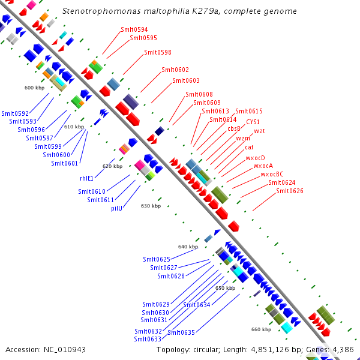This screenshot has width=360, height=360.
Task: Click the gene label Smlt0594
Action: (x=134, y=29)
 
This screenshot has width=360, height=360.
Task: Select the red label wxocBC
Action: (x=272, y=174)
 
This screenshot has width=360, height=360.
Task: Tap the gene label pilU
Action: (x=116, y=208)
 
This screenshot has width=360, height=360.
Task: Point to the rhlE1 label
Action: (x=86, y=178)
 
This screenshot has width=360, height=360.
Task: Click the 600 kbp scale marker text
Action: (x=34, y=88)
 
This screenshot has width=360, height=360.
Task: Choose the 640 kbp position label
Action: (x=188, y=247)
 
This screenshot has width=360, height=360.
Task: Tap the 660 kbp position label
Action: (x=261, y=329)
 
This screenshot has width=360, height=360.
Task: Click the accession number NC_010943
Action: (x=65, y=350)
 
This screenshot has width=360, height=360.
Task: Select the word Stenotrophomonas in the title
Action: (x=101, y=11)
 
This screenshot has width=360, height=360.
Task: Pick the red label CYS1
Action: (x=253, y=122)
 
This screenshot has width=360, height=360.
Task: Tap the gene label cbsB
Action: (x=234, y=128)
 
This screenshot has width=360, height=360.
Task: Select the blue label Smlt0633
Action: (x=148, y=339)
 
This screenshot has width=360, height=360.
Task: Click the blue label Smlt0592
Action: (x=15, y=113)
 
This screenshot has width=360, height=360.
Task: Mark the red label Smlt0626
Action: (x=290, y=191)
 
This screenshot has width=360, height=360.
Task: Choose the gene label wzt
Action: (x=259, y=131)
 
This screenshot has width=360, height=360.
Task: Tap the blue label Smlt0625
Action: (x=157, y=259)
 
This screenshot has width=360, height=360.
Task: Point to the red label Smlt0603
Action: (x=186, y=80)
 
